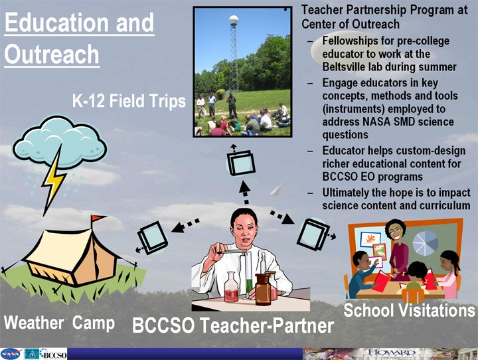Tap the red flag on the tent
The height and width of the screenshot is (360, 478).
98,218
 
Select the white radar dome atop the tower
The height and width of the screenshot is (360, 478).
234,21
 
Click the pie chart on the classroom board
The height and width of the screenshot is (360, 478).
426,243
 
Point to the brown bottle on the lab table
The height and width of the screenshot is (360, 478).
263,288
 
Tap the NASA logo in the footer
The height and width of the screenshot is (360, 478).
11,354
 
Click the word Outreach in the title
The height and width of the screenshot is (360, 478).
52,54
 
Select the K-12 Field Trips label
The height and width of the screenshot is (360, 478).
129,101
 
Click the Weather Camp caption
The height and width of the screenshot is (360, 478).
60,323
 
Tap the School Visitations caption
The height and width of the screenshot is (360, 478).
410,310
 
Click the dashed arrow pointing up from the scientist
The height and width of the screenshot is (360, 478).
245,192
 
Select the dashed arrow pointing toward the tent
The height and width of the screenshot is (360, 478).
185,225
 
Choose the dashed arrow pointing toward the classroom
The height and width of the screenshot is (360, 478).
281,217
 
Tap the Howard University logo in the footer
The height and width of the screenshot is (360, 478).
391,353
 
